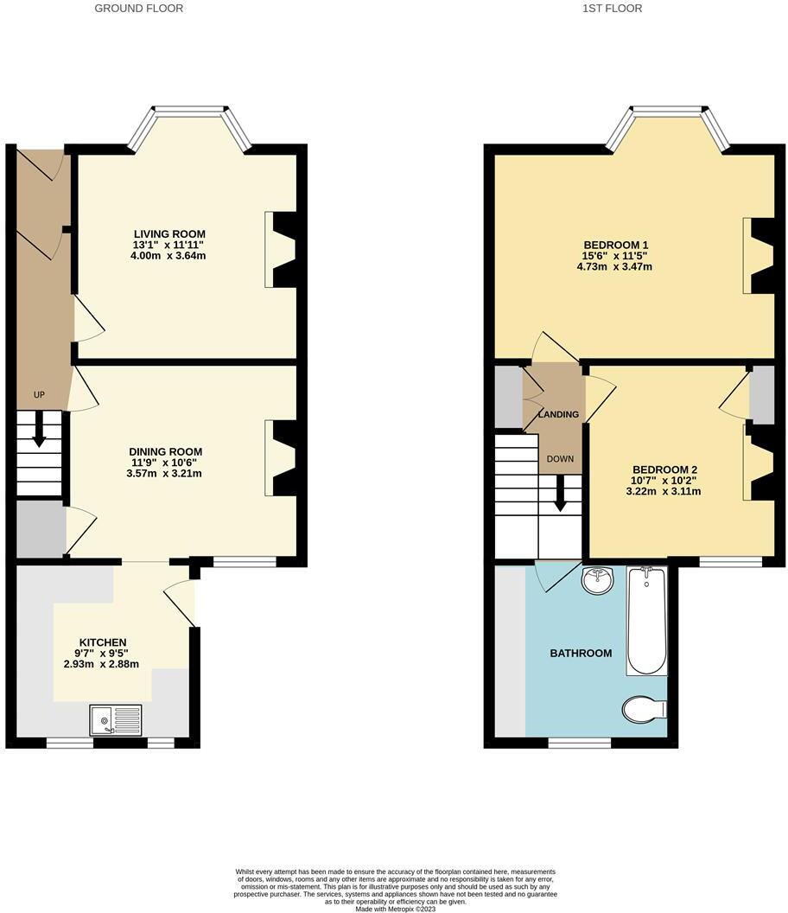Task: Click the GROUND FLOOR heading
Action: point(138,9)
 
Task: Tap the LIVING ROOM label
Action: point(169,234)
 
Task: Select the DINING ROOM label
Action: point(165,452)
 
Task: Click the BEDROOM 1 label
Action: point(616,246)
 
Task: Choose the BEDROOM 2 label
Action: point(664,469)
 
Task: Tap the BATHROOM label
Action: point(581,654)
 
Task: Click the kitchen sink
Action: point(115,719)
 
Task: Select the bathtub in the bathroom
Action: point(647,621)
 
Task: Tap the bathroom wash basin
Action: point(597,581)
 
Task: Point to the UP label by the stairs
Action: point(39,395)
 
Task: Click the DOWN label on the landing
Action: point(560,459)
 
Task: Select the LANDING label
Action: point(558,415)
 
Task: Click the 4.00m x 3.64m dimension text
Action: point(169,256)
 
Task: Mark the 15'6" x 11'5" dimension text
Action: point(616,257)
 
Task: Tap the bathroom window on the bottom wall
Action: point(579,742)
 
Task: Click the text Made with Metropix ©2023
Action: point(395,908)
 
